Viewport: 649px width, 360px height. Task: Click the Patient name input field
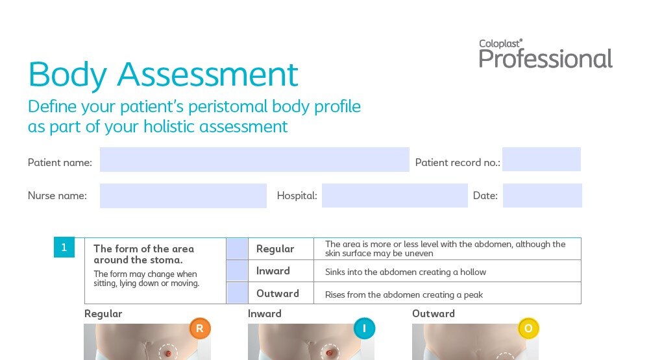[x=254, y=160]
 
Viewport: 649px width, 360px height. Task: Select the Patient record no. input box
[x=541, y=160]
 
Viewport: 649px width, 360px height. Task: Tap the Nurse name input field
[x=183, y=196]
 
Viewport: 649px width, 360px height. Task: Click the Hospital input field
[x=395, y=196]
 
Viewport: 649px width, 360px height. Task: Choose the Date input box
[x=542, y=196]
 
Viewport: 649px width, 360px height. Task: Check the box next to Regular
[x=237, y=248]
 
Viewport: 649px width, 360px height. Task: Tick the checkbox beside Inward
[x=237, y=271]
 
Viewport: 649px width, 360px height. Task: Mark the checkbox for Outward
[x=237, y=293]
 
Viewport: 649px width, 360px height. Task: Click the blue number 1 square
[x=64, y=247]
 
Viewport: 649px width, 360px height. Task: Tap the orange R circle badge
[x=200, y=329]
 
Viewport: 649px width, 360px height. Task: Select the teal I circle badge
[x=364, y=329]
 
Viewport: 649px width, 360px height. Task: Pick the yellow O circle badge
[x=528, y=329]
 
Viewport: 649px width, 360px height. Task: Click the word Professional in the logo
[x=546, y=59]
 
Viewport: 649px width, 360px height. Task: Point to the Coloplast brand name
[x=500, y=43]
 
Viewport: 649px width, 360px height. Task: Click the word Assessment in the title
[x=208, y=75]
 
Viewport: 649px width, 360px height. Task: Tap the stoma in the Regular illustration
[x=168, y=354]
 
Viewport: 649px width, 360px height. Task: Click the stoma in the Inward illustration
[x=330, y=353]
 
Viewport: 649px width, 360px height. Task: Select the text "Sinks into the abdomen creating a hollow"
[x=406, y=272]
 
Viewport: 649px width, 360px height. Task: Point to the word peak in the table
[x=474, y=295]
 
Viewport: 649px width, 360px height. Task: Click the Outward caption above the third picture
[x=434, y=314]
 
